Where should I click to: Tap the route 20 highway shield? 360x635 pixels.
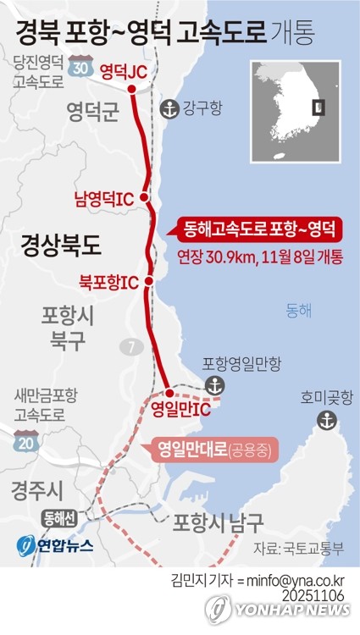pyautogui.click(x=27, y=441)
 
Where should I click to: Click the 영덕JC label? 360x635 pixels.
pyautogui.click(x=124, y=72)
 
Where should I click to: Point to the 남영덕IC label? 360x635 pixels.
pyautogui.click(x=104, y=199)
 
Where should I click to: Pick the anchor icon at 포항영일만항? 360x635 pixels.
pyautogui.click(x=218, y=386)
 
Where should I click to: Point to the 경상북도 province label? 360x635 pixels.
pyautogui.click(x=62, y=246)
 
